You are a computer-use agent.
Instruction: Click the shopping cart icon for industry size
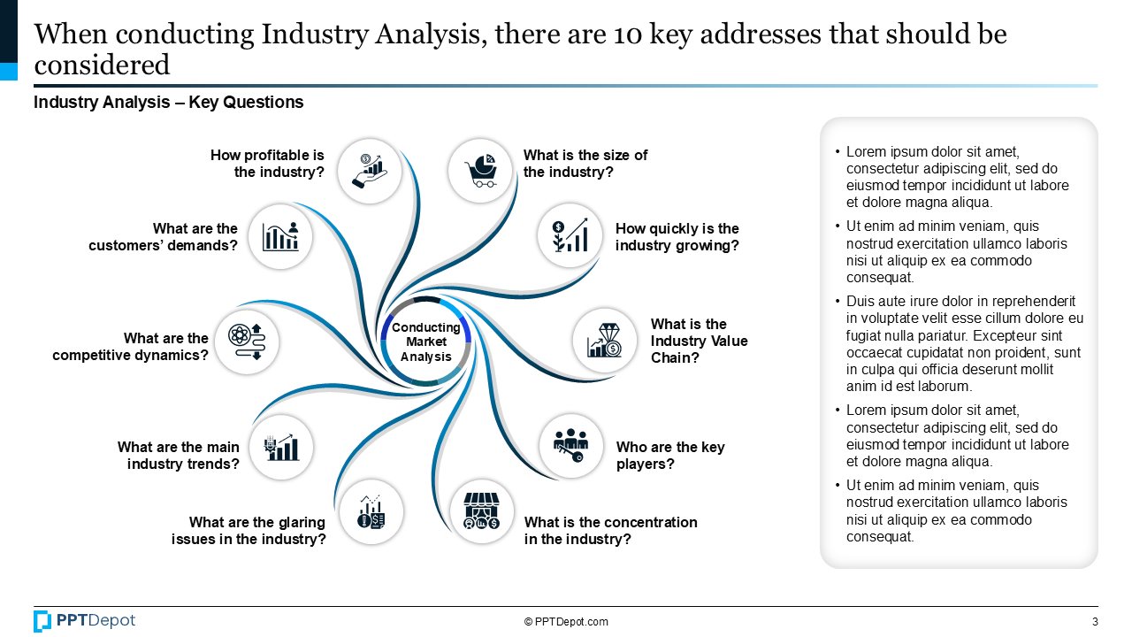coord(480,171)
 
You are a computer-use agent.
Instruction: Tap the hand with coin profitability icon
coord(370,171)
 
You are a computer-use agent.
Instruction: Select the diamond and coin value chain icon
coord(605,341)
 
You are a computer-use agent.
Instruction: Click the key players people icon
coord(571,446)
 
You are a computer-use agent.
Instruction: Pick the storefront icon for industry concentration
coord(482,511)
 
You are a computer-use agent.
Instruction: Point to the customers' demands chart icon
coord(280,236)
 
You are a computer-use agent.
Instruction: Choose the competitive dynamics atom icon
coord(247,342)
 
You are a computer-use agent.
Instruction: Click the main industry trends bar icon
coord(281,447)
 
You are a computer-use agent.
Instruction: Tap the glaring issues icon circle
coord(371,511)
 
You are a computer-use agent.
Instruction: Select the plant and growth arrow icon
coord(570,236)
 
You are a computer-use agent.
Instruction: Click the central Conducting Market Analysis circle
coord(426,342)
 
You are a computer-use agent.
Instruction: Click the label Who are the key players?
coord(669,455)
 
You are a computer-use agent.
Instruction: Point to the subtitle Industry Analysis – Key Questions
coord(168,103)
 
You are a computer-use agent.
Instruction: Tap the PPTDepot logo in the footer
coord(85,621)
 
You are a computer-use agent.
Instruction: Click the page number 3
coord(1095,622)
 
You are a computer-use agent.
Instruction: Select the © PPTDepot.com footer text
coord(566,622)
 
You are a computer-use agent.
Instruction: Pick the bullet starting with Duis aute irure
coord(964,343)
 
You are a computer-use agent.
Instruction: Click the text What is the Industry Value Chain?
coord(699,341)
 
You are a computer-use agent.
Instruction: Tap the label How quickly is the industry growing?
coord(677,237)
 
